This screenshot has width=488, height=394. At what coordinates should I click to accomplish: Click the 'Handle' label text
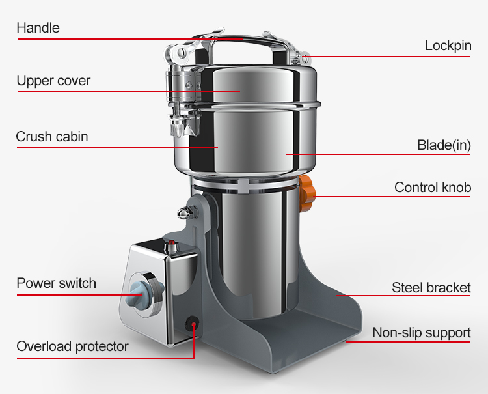pos(38,28)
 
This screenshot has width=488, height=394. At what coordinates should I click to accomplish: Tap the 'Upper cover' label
pos(53,81)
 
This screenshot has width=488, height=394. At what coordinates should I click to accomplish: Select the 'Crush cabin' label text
pos(52,137)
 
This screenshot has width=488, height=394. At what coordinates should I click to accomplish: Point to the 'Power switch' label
pos(57,283)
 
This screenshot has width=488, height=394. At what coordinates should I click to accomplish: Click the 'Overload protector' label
pos(72,346)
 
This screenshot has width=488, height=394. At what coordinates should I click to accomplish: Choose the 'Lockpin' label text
pos(448,46)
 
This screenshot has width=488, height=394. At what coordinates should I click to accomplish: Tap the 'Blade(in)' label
pos(444,145)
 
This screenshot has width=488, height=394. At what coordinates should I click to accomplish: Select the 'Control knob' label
pos(433,188)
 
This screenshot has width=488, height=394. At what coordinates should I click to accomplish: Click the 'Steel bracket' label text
pos(431,287)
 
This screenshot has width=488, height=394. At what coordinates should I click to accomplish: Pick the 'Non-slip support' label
pos(422,333)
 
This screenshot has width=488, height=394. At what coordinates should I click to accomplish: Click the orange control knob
pos(308,193)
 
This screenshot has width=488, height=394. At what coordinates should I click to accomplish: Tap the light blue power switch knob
pos(144,292)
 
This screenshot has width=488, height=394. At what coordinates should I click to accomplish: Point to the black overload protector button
pos(193,323)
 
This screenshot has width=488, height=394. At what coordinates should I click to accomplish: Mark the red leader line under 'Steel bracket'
pos(403,296)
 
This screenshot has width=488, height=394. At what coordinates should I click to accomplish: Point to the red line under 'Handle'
pos(130,39)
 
